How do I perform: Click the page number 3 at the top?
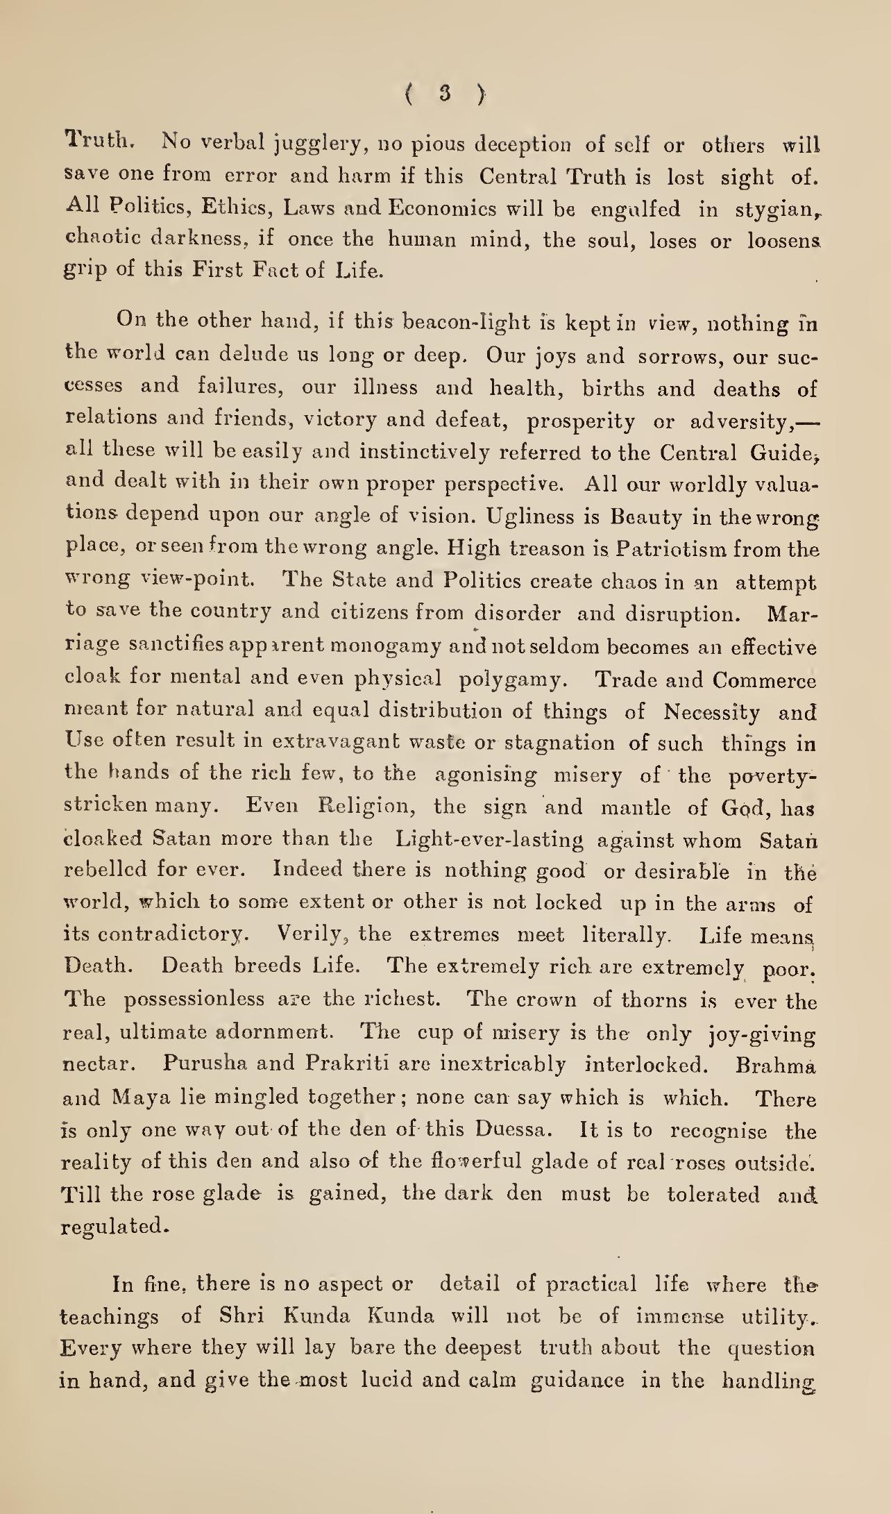(x=445, y=93)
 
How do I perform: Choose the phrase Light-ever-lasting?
(x=489, y=840)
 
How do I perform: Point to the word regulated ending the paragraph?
(x=114, y=1227)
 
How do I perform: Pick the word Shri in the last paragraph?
(x=240, y=1316)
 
